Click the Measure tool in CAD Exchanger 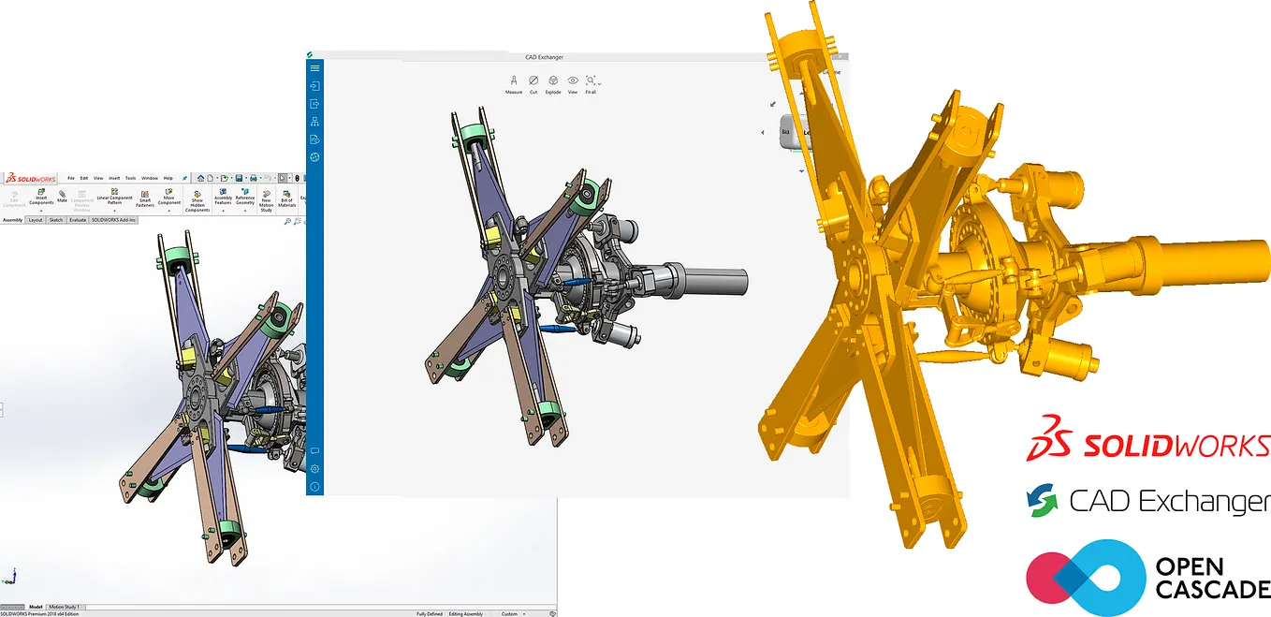tap(514, 82)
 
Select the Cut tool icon tap(533, 82)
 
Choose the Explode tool tap(553, 82)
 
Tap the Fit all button tap(591, 82)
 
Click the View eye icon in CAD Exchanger tap(573, 82)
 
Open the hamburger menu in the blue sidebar tap(314, 68)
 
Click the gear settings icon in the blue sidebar tap(314, 468)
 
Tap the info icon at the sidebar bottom tap(314, 487)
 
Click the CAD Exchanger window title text tap(544, 57)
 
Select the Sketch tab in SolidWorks tap(56, 220)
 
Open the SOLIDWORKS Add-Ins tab tap(114, 220)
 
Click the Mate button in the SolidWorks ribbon tap(62, 196)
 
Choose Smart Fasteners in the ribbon tap(145, 196)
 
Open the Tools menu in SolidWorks tap(130, 178)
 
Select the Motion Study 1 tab tap(65, 607)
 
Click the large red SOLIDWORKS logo tap(1147, 447)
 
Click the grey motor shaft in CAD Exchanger tap(716, 280)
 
